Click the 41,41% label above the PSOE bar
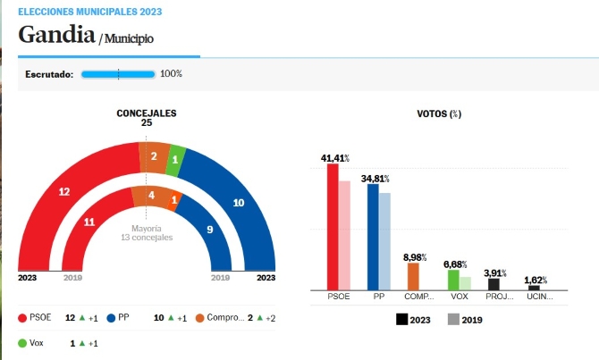[x=335, y=158]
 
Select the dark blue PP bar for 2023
[x=373, y=237]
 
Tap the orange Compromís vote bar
[x=413, y=276]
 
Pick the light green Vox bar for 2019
[x=465, y=284]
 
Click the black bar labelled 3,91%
[x=494, y=284]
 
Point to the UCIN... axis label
[x=540, y=297]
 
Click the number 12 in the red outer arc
[x=64, y=192]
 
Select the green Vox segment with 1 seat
[x=176, y=160]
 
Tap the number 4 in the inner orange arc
[x=152, y=196]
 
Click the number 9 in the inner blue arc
[x=210, y=230]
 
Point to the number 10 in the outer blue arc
[x=239, y=203]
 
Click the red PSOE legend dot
[x=22, y=318]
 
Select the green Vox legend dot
[x=22, y=343]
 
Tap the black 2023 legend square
[x=402, y=320]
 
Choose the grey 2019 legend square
[x=453, y=320]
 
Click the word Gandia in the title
[x=56, y=34]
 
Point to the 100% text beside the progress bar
[x=171, y=73]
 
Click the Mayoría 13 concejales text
[x=147, y=233]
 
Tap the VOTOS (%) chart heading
[x=439, y=113]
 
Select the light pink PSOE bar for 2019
[x=344, y=236]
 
